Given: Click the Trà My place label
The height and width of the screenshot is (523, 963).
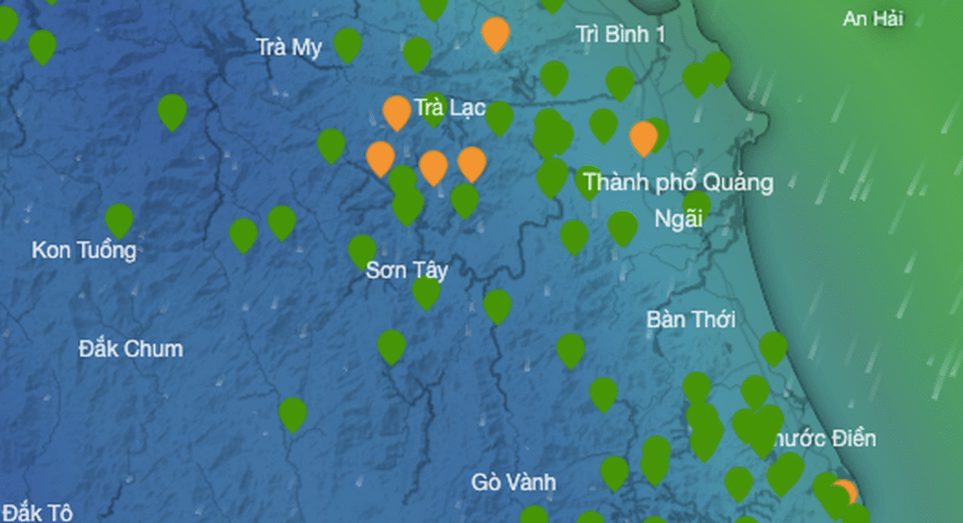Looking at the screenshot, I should [x=289, y=47].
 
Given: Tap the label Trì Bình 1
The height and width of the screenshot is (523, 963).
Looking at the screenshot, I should [x=621, y=34].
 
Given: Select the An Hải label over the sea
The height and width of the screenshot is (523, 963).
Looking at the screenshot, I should [x=873, y=18].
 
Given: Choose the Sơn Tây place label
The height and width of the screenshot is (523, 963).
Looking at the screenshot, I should [x=407, y=270].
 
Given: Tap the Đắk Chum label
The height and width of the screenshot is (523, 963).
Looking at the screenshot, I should [x=130, y=349].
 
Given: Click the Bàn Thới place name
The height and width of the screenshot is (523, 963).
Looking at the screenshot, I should [x=691, y=320].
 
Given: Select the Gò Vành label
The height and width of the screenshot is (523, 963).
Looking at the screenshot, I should [x=513, y=481].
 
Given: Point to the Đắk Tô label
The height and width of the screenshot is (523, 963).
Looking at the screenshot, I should [x=37, y=511].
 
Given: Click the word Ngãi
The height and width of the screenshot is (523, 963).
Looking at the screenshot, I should [x=678, y=219].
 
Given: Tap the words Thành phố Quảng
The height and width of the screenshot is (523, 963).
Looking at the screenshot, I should [x=677, y=183].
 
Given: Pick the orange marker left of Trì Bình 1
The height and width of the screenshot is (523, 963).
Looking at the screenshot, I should [x=496, y=32].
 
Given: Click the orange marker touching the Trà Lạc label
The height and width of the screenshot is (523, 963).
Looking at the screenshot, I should [x=397, y=111].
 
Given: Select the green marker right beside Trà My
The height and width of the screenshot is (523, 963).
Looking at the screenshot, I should [x=347, y=44].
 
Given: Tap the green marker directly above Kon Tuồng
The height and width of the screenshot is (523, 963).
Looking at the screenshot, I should [x=119, y=219].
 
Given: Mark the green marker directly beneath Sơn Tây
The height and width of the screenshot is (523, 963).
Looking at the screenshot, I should [x=426, y=292].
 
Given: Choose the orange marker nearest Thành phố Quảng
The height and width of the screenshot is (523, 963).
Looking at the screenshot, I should [x=643, y=137].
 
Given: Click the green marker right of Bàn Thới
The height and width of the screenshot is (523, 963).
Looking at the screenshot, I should [x=773, y=348].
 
